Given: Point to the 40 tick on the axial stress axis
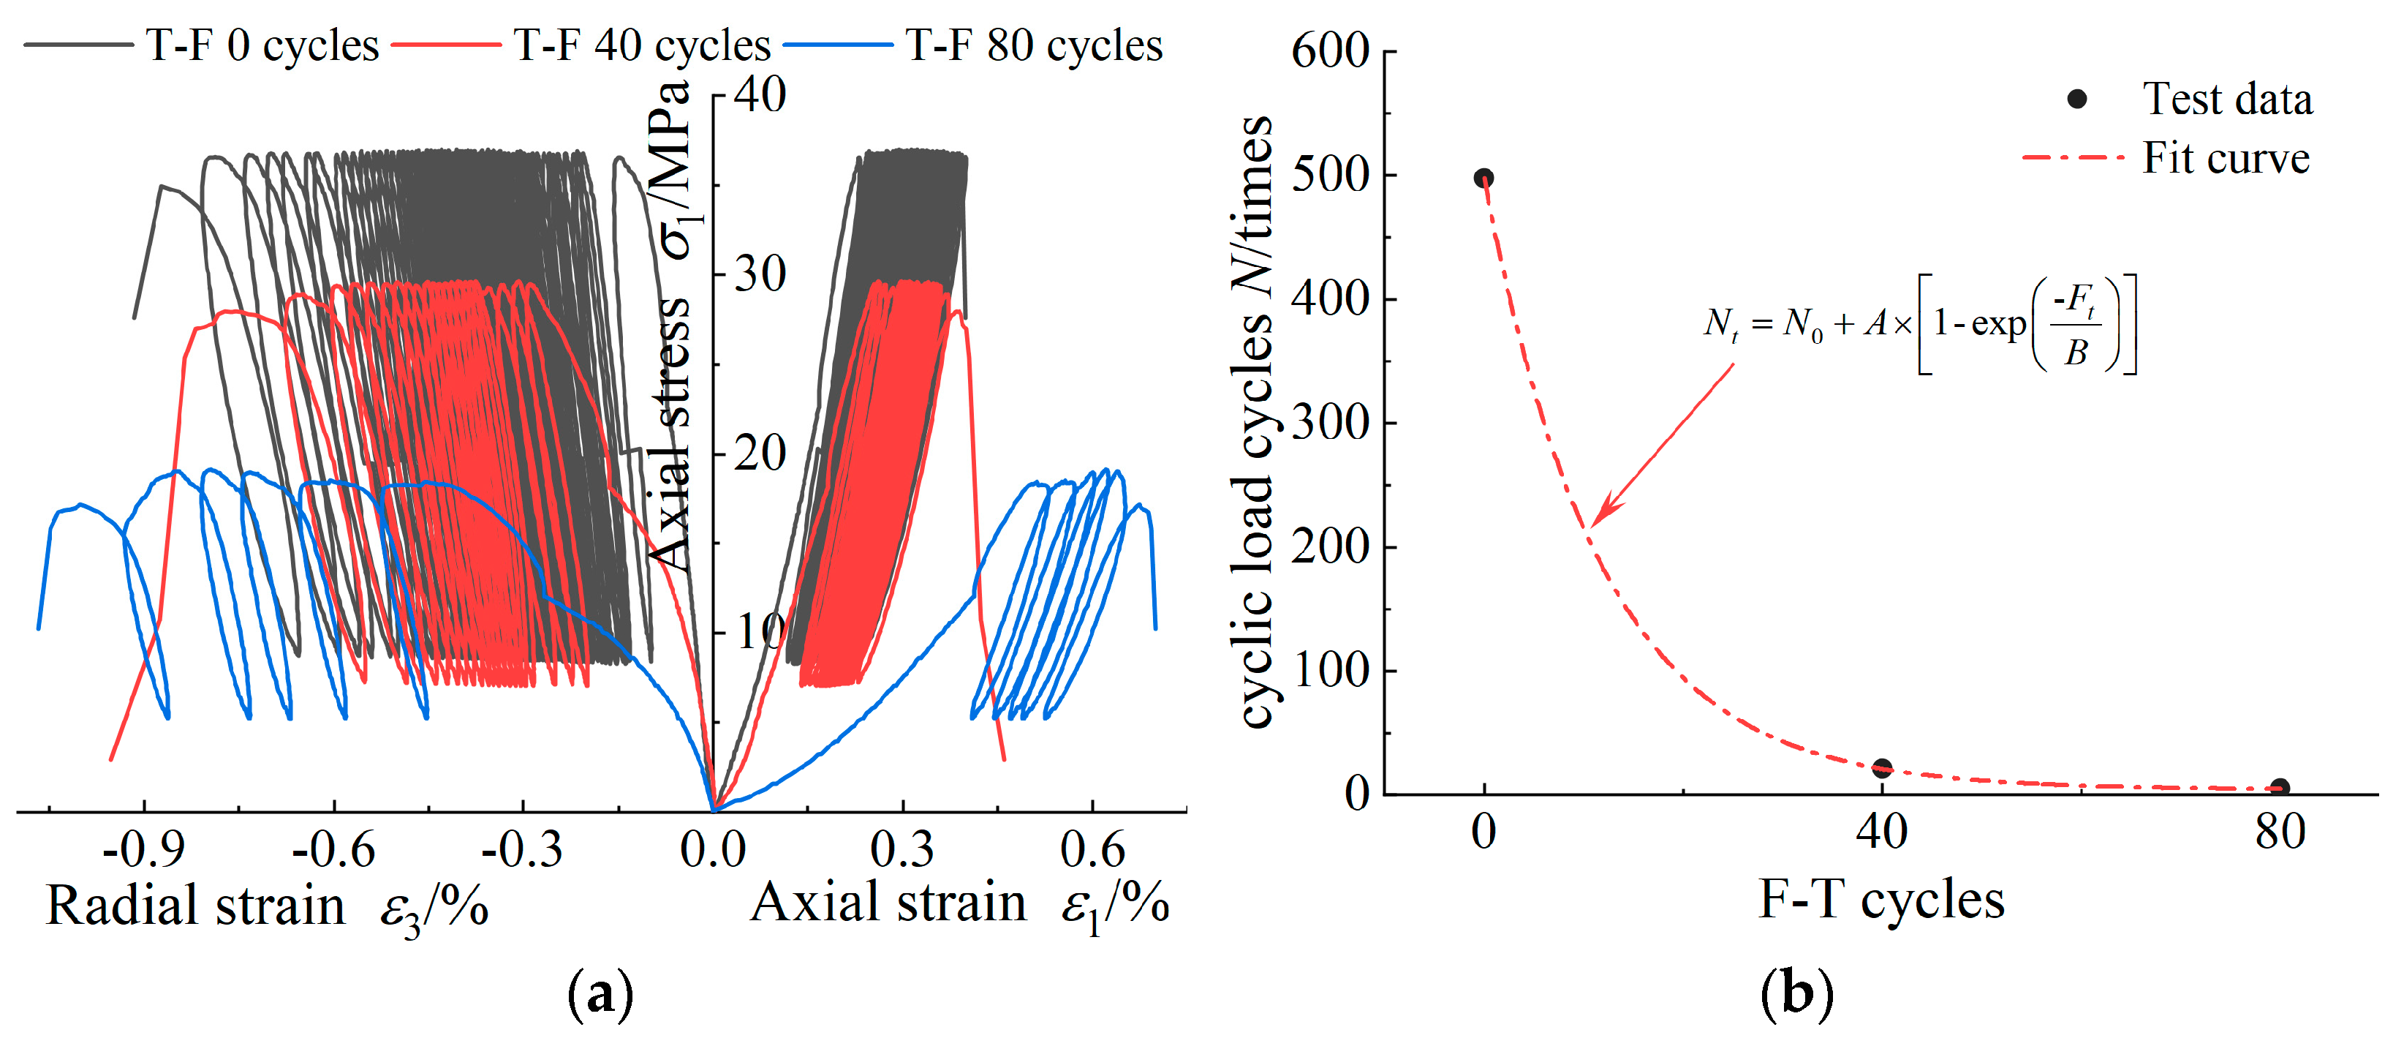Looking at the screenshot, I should pyautogui.click(x=760, y=95).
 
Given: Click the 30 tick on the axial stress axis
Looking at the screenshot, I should pyautogui.click(x=760, y=274).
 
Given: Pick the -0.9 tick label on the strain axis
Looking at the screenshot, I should pyautogui.click(x=144, y=849).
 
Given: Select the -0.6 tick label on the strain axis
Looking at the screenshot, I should pyautogui.click(x=333, y=849).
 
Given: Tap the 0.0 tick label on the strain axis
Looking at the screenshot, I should pyautogui.click(x=713, y=849).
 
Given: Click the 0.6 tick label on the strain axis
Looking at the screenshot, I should pyautogui.click(x=1093, y=849).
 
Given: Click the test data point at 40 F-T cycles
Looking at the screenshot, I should pyautogui.click(x=1882, y=768).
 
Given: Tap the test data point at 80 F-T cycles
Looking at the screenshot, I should pyautogui.click(x=2280, y=788).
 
